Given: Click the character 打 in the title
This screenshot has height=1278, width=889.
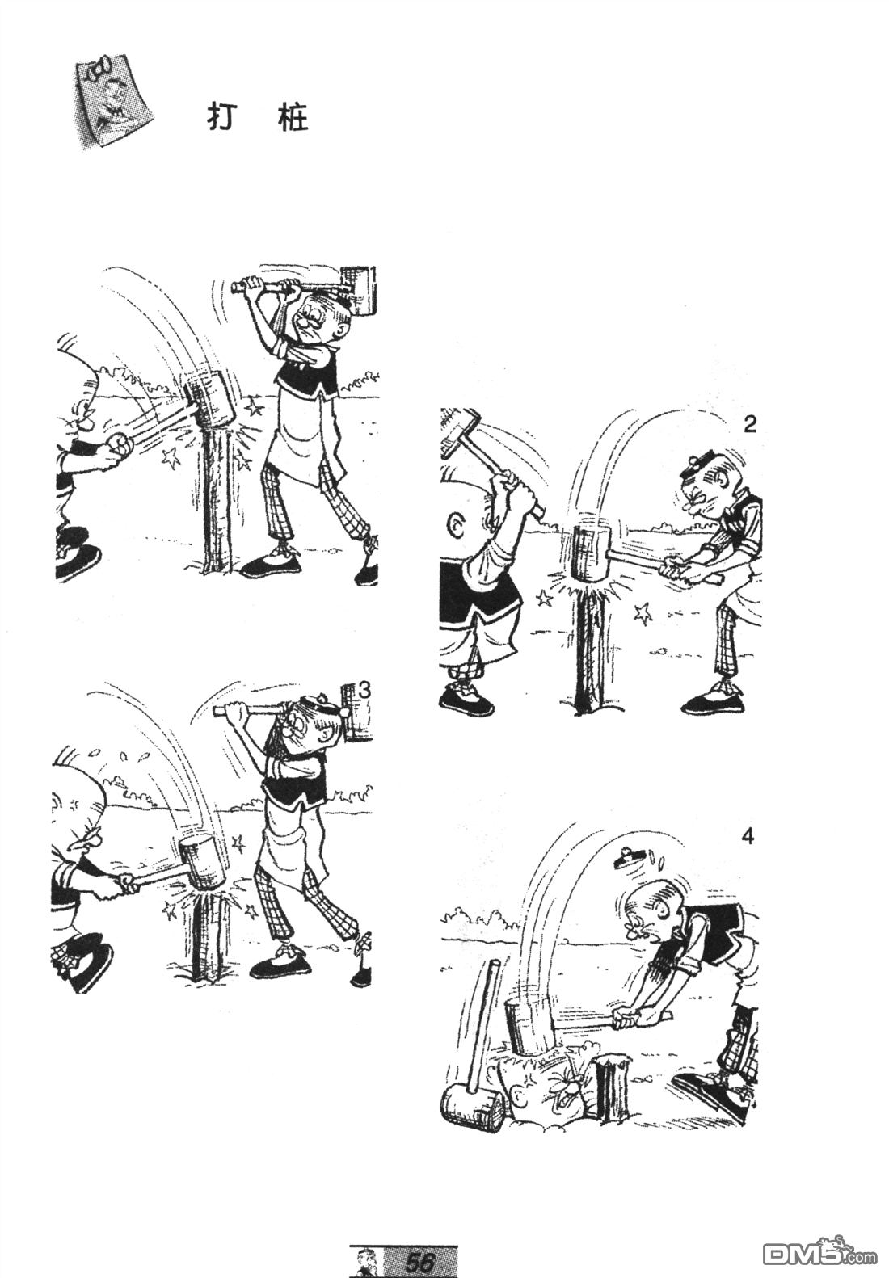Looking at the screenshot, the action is (x=221, y=118).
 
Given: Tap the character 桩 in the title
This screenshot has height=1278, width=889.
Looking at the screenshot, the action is (x=294, y=118).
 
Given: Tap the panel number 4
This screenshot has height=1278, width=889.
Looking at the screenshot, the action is (x=748, y=837).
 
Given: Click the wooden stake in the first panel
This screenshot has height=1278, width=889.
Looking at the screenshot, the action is (x=217, y=496).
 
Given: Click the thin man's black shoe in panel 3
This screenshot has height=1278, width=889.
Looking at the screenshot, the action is (x=280, y=965).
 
